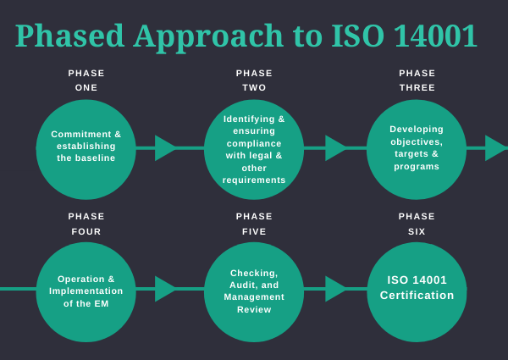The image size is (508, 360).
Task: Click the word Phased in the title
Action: coord(67,36)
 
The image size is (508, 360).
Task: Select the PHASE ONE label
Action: coord(86,80)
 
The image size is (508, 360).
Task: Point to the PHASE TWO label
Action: coord(254,80)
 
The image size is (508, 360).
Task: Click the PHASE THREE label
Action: coord(417,80)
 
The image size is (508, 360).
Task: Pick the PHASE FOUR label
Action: coord(86,224)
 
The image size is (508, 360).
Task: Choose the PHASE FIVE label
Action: coord(254,224)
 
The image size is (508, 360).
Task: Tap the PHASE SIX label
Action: coord(417,224)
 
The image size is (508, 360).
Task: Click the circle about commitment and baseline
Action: coord(86,148)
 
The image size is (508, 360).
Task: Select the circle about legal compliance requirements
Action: coord(254,148)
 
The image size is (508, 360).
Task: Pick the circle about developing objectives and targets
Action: coord(417,148)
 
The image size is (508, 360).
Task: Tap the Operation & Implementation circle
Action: coord(86,291)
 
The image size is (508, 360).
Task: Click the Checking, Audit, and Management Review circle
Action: coord(254,291)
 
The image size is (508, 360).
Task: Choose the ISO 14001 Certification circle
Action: coord(417,291)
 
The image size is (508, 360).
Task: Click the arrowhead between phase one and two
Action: coord(165,148)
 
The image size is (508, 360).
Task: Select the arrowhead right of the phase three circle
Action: coord(494,148)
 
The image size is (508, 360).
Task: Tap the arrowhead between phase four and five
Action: coord(165,289)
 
